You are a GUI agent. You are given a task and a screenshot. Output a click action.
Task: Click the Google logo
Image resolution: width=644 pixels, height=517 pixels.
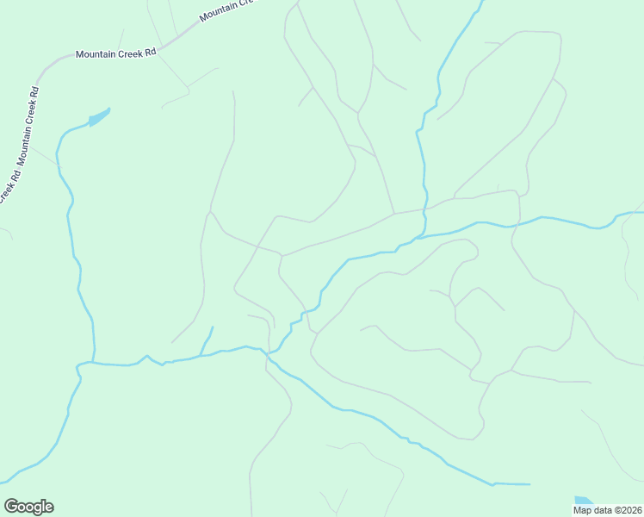click(x=28, y=507)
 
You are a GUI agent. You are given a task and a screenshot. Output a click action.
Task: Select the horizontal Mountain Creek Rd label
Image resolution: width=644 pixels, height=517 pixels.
click(x=115, y=53)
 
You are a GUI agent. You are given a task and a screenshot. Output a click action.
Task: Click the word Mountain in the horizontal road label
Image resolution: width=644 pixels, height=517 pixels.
click(x=95, y=53)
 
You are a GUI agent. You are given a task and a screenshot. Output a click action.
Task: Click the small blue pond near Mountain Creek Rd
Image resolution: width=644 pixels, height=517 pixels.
click(x=99, y=117)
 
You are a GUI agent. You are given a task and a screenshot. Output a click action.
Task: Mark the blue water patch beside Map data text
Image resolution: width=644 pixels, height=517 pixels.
click(x=584, y=501)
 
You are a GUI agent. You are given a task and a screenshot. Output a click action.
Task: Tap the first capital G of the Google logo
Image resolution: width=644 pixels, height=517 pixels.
click(x=11, y=507)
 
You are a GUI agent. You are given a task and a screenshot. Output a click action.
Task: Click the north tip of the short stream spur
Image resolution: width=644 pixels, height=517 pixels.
click(x=213, y=327)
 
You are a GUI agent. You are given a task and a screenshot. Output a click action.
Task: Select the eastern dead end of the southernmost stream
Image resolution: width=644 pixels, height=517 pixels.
click(x=529, y=484)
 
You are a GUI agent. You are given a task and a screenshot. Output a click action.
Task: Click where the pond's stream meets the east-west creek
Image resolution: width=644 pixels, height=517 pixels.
click(x=93, y=363)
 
